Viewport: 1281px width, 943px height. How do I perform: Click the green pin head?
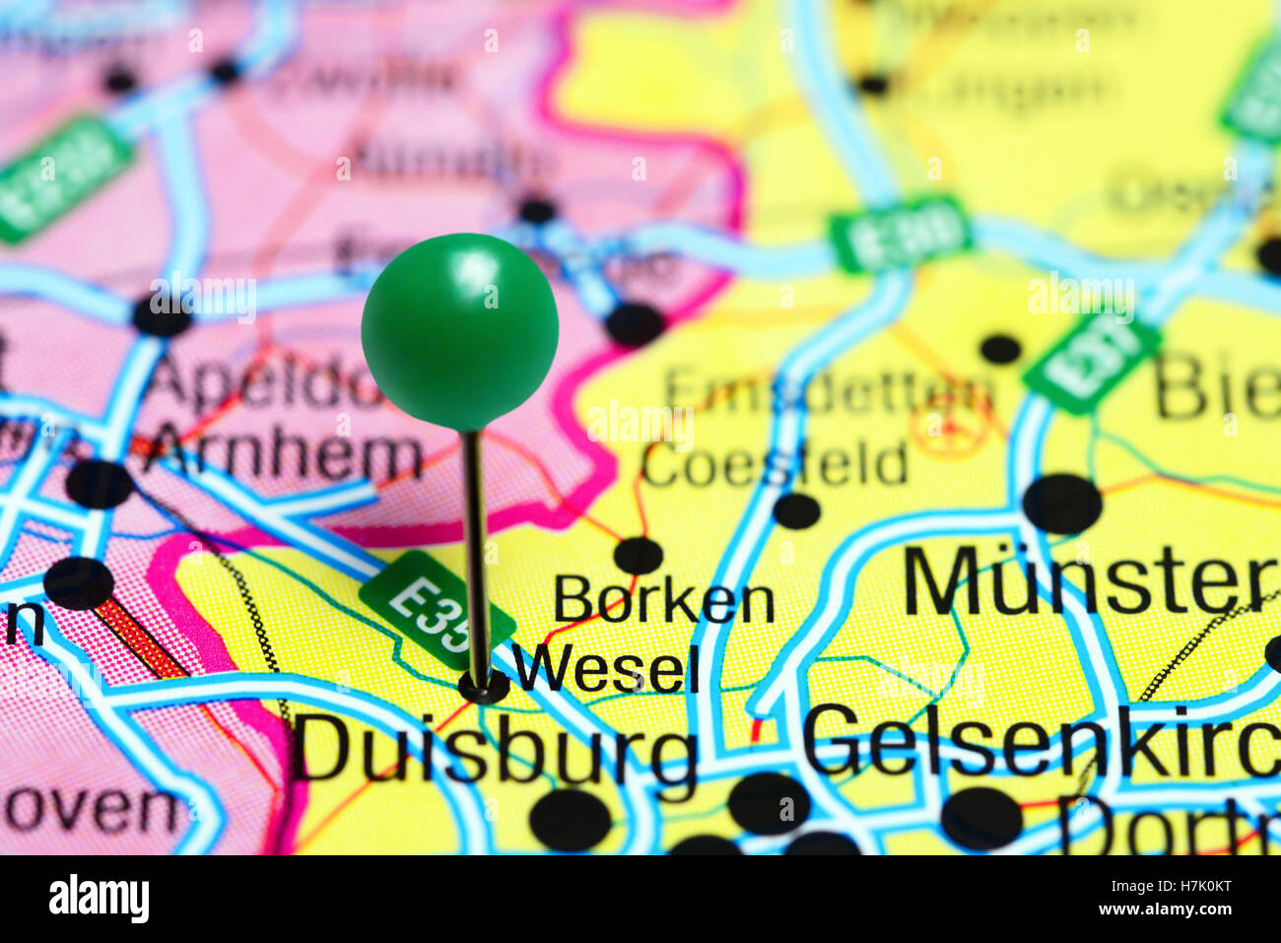[459, 331]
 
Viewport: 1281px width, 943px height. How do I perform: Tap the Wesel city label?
[606, 670]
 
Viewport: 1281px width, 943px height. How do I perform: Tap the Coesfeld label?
[775, 464]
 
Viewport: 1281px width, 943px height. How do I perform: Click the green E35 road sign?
[435, 614]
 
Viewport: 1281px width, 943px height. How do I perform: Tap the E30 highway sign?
[901, 234]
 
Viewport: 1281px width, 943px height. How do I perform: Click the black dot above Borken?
[639, 555]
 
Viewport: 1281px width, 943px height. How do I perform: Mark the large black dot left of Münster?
[1061, 504]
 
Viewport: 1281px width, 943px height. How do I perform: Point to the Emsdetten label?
[828, 392]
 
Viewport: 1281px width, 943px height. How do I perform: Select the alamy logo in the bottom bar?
[100, 898]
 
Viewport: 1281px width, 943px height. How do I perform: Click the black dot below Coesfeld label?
[796, 510]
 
